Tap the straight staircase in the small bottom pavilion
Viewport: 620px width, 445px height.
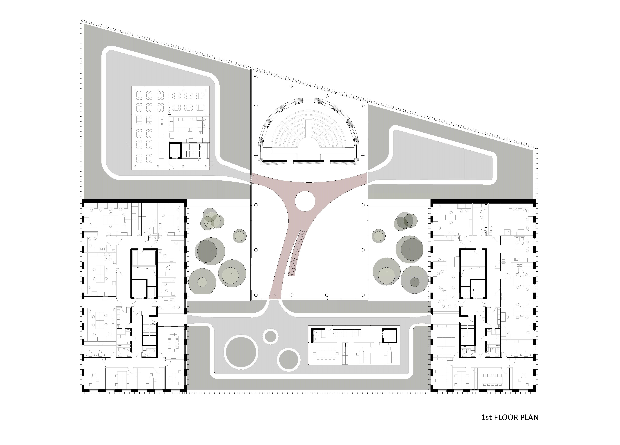pyautogui.click(x=347, y=332)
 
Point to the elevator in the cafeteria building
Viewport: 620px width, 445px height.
pyautogui.click(x=175, y=151)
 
